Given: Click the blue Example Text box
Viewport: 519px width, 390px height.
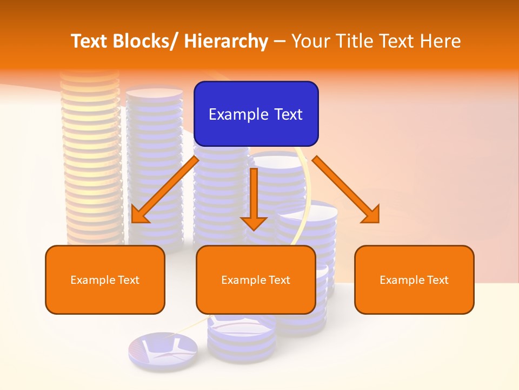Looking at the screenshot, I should pyautogui.click(x=256, y=114).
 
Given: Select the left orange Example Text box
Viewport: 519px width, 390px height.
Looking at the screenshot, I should pyautogui.click(x=104, y=279).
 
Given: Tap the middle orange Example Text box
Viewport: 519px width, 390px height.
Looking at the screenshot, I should pyautogui.click(x=256, y=279).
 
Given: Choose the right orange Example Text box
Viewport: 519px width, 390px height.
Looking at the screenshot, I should pyautogui.click(x=414, y=279).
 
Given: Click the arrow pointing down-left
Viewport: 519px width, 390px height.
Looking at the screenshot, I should pyautogui.click(x=164, y=190).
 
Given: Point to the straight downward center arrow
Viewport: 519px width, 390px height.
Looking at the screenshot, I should pyautogui.click(x=254, y=198).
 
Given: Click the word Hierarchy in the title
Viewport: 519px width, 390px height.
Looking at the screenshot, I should pyautogui.click(x=226, y=41).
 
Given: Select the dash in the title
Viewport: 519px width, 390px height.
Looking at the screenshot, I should pyautogui.click(x=280, y=41).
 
